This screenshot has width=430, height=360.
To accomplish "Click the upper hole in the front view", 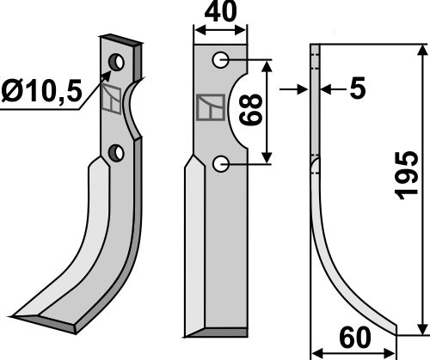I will point(221,59).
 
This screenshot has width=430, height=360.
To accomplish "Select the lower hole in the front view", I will point(221,162).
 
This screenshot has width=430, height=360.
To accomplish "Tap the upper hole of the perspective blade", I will point(116,63).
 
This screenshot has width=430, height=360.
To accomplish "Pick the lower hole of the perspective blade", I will point(116,153).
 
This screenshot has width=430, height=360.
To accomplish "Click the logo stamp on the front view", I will point(209,107).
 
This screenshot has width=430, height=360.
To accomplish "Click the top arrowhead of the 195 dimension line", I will point(421,49).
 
